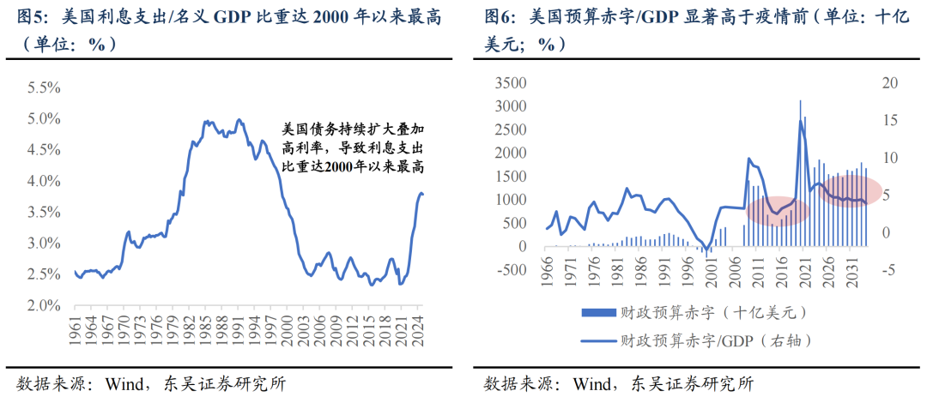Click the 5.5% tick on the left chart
tap(43, 87)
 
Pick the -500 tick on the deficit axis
tap(517, 269)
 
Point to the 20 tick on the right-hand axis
tap(889, 83)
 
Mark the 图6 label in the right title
tap(500, 15)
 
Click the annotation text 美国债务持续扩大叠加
tap(354, 129)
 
